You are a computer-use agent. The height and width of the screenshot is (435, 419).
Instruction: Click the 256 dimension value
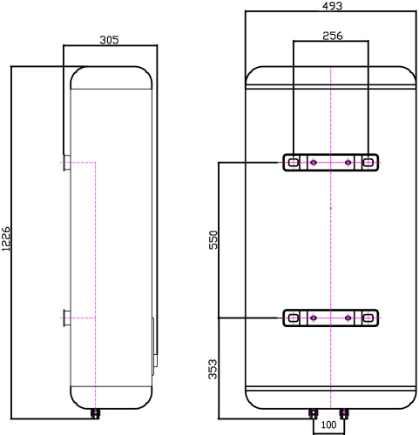(332, 36)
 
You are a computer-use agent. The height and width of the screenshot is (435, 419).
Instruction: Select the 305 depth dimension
(109, 40)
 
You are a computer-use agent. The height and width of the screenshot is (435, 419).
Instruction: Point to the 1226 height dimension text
(7, 239)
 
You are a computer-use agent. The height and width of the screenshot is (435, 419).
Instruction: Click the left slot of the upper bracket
(293, 163)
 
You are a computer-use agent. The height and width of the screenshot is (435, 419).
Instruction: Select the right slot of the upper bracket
(369, 163)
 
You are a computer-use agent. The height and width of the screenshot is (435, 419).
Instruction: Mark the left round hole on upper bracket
(311, 163)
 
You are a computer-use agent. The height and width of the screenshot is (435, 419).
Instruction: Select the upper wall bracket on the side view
(66, 163)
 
